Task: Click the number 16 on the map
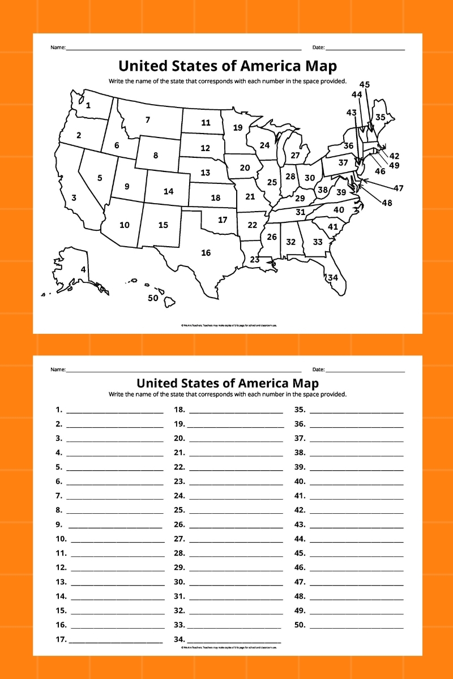click(x=206, y=253)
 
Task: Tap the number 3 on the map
click(x=74, y=198)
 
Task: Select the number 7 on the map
click(x=148, y=119)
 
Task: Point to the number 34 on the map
click(x=333, y=277)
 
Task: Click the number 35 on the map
click(x=380, y=117)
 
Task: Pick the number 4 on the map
click(x=83, y=270)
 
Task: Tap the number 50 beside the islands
click(x=153, y=298)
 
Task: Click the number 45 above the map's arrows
click(x=365, y=84)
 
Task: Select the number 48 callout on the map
click(x=387, y=203)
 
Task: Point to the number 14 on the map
click(x=168, y=191)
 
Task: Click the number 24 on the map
click(x=264, y=145)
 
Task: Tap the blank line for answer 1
click(x=114, y=410)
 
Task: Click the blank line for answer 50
click(x=357, y=626)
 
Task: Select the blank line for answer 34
click(x=234, y=641)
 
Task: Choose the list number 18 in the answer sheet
click(x=180, y=410)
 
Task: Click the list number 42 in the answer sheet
click(x=300, y=511)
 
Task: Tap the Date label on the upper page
click(x=318, y=47)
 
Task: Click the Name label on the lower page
click(x=58, y=369)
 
